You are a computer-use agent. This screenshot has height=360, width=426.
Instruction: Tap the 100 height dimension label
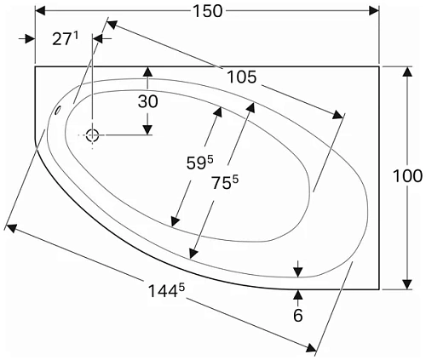[408, 176]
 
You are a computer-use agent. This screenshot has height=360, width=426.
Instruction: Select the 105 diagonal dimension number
[242, 77]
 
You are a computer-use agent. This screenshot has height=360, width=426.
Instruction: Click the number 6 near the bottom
[297, 316]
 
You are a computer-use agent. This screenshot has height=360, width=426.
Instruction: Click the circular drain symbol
[93, 134]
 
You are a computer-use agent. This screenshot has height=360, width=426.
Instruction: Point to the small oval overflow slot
[58, 110]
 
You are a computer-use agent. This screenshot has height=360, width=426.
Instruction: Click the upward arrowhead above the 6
[297, 294]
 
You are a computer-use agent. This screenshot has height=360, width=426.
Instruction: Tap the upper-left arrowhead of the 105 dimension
[109, 24]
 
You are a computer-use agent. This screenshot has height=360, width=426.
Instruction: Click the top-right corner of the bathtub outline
[378, 66]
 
